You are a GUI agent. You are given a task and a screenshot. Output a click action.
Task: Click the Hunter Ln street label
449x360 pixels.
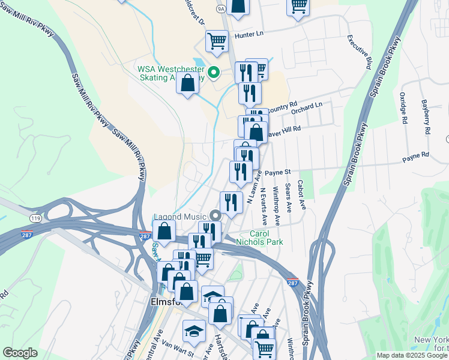(247, 34)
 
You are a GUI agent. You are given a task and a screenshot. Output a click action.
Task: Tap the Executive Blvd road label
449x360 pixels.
(360, 52)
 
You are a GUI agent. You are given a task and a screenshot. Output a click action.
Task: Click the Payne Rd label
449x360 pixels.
(415, 155)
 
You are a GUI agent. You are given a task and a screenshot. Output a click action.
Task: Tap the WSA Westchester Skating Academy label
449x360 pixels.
(170, 73)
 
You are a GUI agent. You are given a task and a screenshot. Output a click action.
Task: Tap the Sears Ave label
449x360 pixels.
(289, 198)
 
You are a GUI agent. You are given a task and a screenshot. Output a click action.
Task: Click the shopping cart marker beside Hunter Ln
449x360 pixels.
(217, 41)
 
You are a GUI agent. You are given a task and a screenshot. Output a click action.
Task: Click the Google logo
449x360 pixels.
(20, 353)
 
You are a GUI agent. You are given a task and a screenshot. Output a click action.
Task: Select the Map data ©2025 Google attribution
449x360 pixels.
(412, 355)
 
